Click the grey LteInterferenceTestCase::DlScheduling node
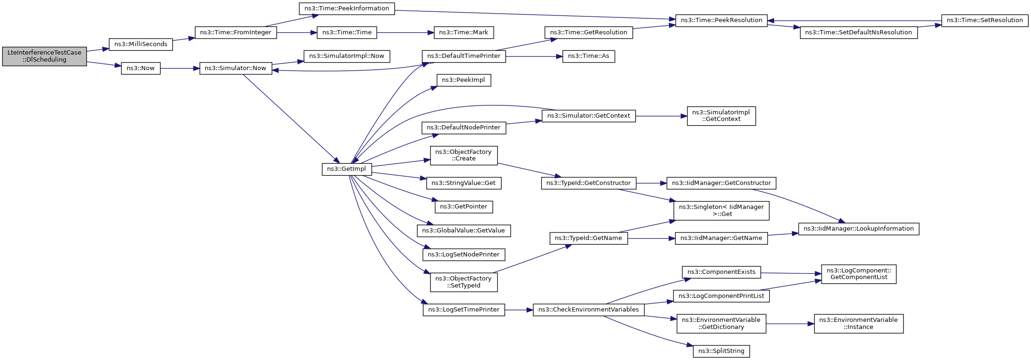tap(44, 56)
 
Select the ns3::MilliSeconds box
tap(141, 44)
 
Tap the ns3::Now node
tap(141, 68)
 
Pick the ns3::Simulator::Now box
tap(235, 68)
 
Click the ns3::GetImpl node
tap(347, 169)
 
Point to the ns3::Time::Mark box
tap(464, 32)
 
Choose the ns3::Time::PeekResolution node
tap(721, 20)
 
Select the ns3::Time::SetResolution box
tap(984, 20)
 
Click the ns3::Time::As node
tap(588, 56)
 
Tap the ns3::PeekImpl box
tap(464, 80)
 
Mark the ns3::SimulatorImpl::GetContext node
tap(721, 116)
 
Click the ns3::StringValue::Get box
tap(464, 183)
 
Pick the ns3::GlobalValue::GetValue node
tap(464, 231)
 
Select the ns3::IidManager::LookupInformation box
tap(858, 229)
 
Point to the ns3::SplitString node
tap(721, 351)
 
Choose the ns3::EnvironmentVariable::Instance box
tap(858, 323)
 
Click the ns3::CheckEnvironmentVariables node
tap(588, 310)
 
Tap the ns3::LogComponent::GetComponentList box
tap(858, 274)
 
